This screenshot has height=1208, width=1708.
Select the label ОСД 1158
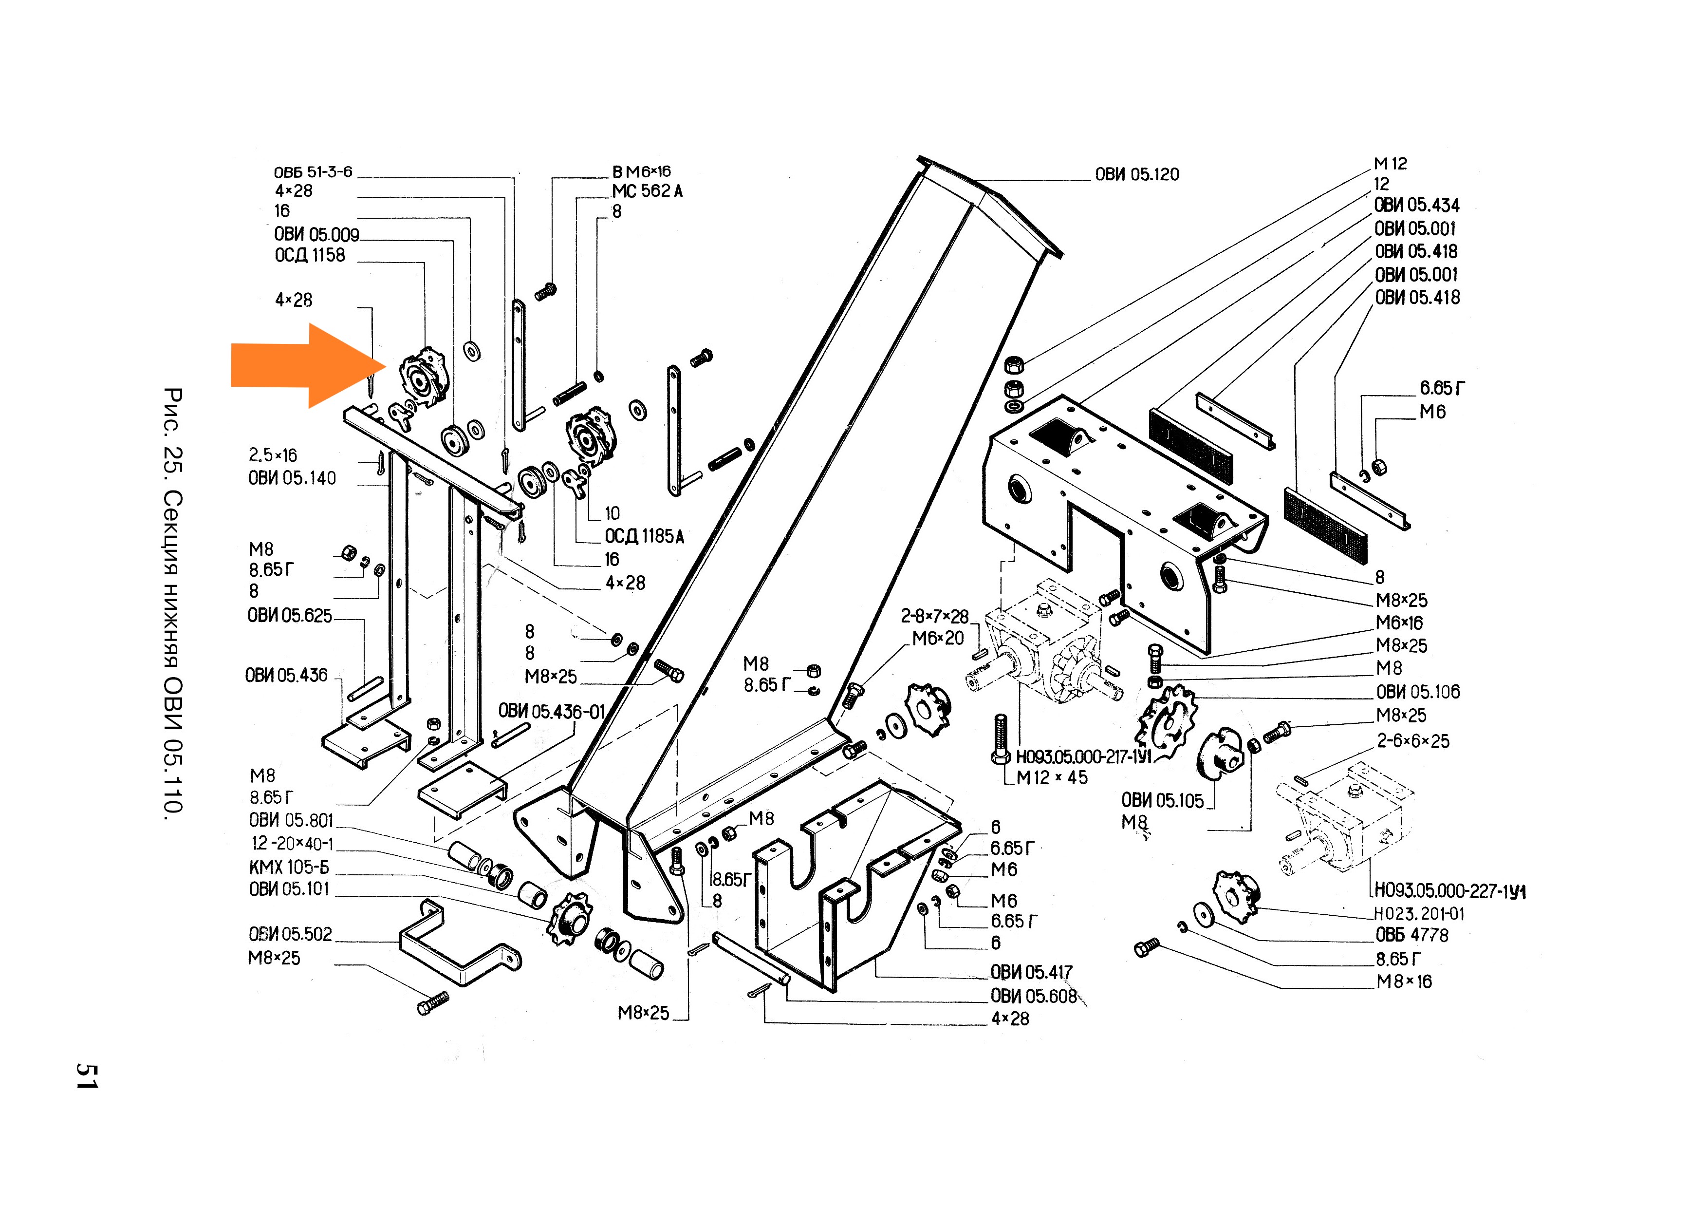click(310, 255)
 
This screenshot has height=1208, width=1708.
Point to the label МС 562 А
click(647, 191)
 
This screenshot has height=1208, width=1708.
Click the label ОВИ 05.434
click(1416, 206)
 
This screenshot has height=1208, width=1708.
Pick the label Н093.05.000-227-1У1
click(1449, 891)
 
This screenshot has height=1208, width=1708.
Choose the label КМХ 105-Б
click(289, 867)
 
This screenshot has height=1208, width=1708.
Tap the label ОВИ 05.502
click(290, 934)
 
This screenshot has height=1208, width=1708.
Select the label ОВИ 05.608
click(1033, 996)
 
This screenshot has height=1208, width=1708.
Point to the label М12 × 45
click(1051, 778)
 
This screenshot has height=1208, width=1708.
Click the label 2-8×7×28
click(934, 616)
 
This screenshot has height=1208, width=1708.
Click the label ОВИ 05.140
click(292, 478)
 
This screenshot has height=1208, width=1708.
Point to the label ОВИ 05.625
click(289, 616)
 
